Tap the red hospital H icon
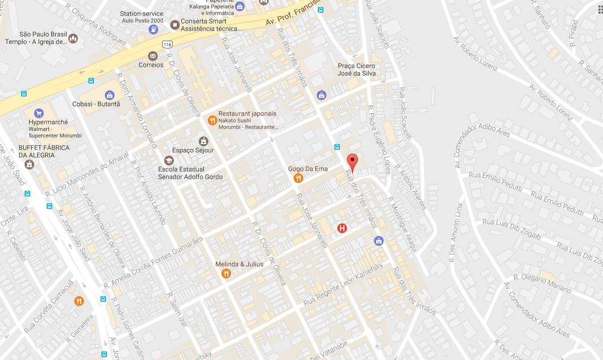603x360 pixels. click(342, 228)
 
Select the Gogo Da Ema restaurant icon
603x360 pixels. click(299, 178)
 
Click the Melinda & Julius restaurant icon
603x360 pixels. click(226, 274)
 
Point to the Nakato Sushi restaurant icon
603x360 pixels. click(212, 120)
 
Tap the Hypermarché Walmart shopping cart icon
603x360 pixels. click(39, 113)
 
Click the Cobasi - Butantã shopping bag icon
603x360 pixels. click(109, 95)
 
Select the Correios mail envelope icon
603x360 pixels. click(153, 56)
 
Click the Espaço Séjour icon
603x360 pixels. click(203, 141)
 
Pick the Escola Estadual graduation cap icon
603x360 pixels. click(169, 160)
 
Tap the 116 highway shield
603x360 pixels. click(168, 45)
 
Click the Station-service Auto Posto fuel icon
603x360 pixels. click(153, 30)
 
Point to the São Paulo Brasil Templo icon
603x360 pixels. click(73, 38)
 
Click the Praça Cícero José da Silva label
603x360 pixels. click(356, 70)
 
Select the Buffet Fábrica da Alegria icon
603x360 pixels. click(30, 164)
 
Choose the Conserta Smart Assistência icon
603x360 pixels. click(175, 25)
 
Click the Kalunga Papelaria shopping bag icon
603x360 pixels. click(239, 7)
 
